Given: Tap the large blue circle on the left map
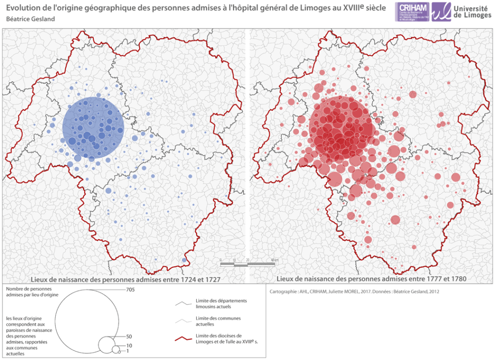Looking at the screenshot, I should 93,128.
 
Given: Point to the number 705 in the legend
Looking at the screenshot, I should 130,289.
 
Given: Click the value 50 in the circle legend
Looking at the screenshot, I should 129,336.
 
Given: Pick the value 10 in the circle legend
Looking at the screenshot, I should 129,346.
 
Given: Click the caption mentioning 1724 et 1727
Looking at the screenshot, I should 126,279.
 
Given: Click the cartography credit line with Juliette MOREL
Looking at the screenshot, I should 353,291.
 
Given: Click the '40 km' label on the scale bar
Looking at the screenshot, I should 275,260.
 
